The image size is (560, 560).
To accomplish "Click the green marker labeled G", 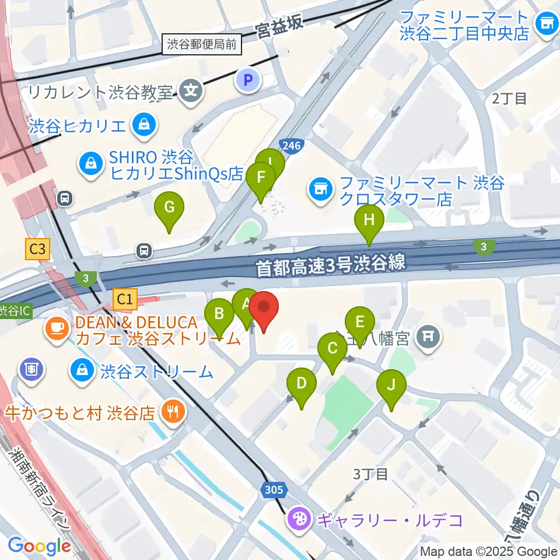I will click(x=169, y=208).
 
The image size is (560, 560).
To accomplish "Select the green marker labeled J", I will click(x=391, y=385).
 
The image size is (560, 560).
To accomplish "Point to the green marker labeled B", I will click(x=219, y=314).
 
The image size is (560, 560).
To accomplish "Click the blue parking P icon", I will click(x=248, y=80).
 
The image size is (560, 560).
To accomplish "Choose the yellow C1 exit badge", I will click(x=125, y=300).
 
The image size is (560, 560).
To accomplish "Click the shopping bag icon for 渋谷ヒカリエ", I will click(x=142, y=124).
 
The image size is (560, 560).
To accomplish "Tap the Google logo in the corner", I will click(x=39, y=546).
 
